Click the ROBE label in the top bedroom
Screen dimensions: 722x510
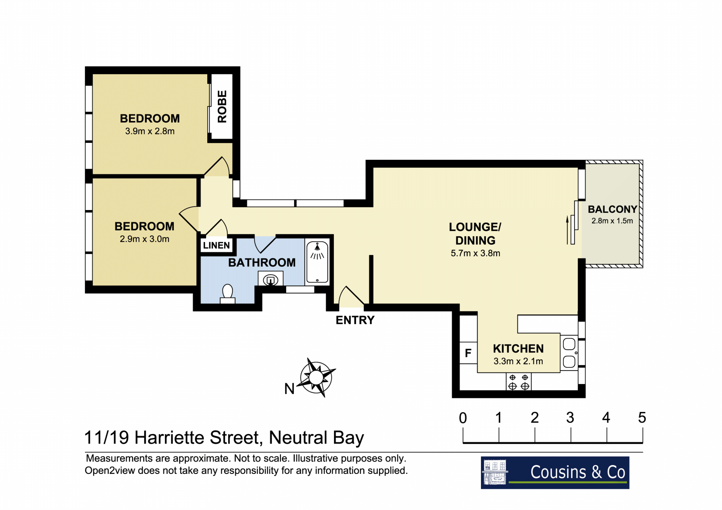(x=222, y=106)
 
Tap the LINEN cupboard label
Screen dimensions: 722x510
(x=216, y=245)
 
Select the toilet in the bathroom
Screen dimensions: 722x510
(x=228, y=294)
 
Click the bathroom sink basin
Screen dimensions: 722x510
(x=270, y=280)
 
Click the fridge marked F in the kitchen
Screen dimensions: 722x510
(x=468, y=353)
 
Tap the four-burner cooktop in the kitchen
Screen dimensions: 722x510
(x=519, y=382)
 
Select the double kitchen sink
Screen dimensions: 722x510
(x=569, y=353)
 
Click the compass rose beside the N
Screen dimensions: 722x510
(x=316, y=378)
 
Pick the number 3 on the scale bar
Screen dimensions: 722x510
(x=570, y=418)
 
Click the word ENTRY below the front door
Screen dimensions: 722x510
(x=355, y=320)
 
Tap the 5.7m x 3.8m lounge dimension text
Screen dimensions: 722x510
(x=475, y=253)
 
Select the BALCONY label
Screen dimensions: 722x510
(x=612, y=209)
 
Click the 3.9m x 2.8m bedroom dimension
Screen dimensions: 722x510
(x=150, y=131)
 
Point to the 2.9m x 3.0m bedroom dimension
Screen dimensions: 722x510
(x=144, y=239)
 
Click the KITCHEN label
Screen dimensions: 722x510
(x=518, y=349)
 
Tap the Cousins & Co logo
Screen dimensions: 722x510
(x=555, y=473)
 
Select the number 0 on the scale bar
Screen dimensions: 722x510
(x=463, y=418)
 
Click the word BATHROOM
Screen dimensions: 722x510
(x=262, y=263)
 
